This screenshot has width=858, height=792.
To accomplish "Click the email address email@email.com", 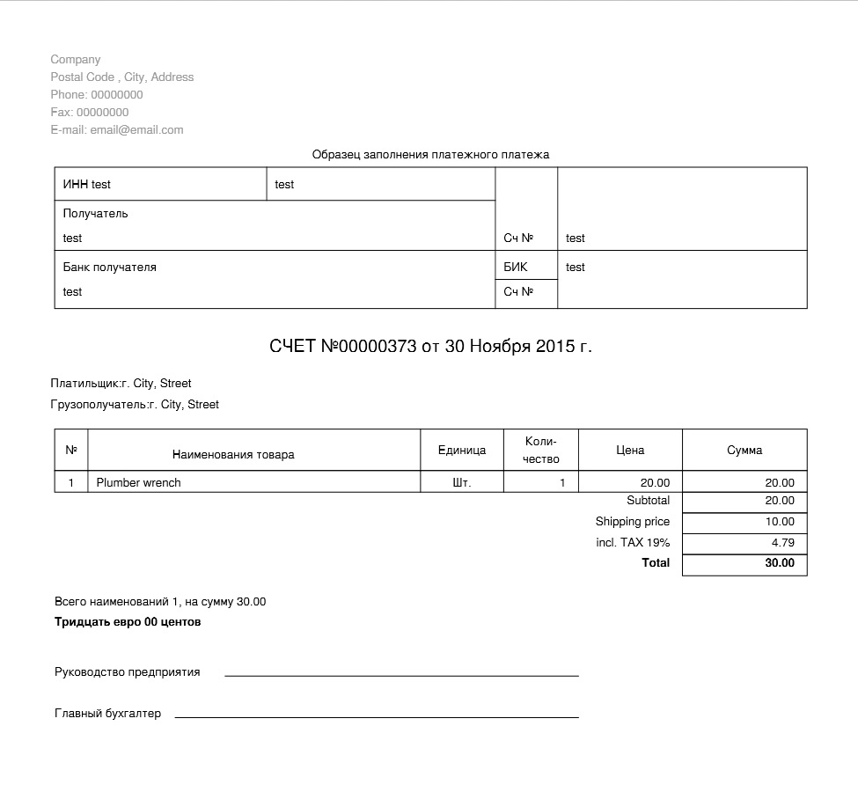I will (136, 130).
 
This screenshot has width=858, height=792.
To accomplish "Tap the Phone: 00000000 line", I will (97, 95).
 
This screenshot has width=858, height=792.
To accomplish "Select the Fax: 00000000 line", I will (90, 113).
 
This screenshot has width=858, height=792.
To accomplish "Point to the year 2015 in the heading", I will (554, 347).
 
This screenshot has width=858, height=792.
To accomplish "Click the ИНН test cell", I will (87, 185).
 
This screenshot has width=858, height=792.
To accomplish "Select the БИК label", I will (516, 268).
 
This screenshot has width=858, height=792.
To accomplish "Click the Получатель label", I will (96, 214).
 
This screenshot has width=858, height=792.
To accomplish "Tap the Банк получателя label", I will (110, 268).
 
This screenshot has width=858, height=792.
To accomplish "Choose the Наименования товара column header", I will (233, 455).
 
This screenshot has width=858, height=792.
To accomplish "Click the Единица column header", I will (462, 451).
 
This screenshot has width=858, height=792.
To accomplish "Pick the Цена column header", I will (630, 451).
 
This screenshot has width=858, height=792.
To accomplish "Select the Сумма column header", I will (744, 451).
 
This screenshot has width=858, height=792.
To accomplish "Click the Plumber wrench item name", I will (139, 483).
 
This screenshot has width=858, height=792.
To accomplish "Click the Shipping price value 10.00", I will (780, 522).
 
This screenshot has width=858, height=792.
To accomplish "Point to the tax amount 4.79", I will (782, 543).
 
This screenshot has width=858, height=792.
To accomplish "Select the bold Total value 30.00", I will (780, 563).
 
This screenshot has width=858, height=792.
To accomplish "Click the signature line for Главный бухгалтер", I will (377, 716).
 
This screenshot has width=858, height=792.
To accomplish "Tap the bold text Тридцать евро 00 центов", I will (128, 622).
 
